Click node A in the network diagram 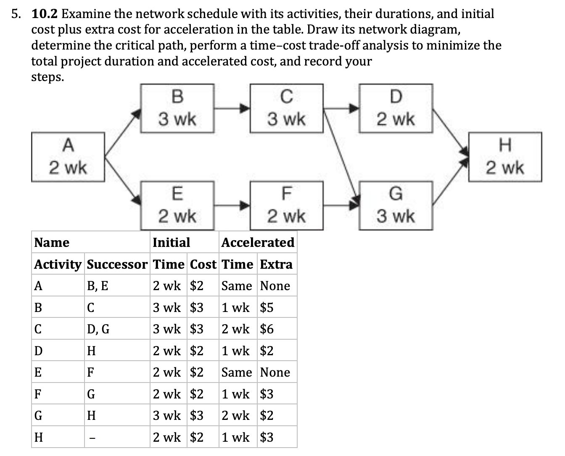click(x=68, y=157)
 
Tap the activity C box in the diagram click(x=286, y=108)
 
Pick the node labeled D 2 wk click(x=396, y=108)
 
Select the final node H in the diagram click(x=505, y=157)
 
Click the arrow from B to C click(x=232, y=108)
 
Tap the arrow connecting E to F click(x=232, y=205)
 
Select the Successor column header click(x=117, y=264)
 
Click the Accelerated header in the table click(x=258, y=242)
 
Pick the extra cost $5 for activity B click(x=267, y=308)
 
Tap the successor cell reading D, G click(x=98, y=329)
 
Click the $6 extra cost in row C click(x=267, y=329)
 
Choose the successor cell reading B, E click(x=97, y=286)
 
